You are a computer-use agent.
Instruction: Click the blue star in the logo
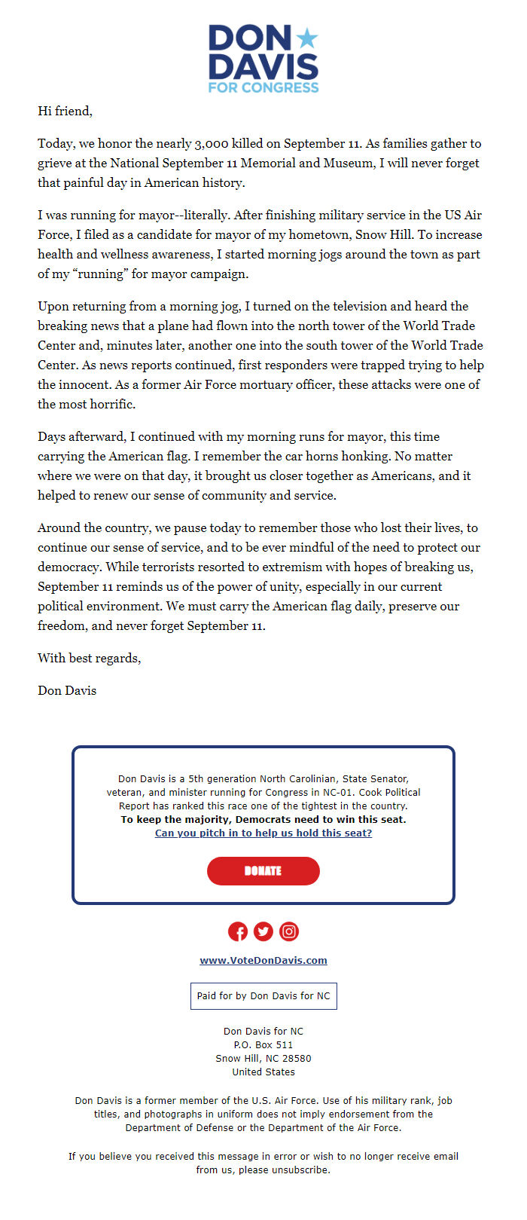coord(306,38)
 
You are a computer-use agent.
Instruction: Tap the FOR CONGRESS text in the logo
coord(263,87)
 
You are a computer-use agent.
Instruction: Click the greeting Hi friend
coord(65,112)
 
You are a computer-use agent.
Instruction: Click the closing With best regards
coord(89,659)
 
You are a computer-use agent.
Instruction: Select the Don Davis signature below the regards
coord(67,691)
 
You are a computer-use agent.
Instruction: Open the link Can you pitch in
coord(263,833)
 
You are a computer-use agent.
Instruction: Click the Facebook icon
coord(238,931)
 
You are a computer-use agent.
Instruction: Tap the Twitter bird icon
coord(263,931)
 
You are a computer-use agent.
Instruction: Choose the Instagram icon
coord(289,931)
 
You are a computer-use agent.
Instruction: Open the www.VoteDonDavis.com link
coord(263,961)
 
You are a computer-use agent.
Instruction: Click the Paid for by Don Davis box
coord(263,996)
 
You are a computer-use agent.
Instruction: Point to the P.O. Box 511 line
coord(263,1045)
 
